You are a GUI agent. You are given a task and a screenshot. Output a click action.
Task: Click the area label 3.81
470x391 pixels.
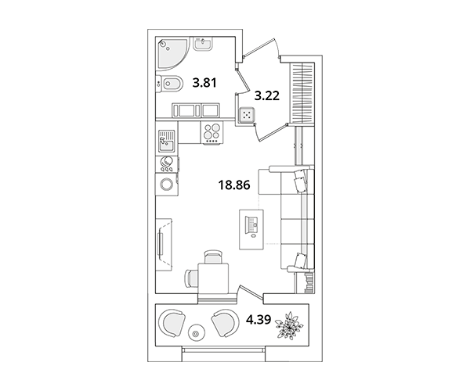[204, 83]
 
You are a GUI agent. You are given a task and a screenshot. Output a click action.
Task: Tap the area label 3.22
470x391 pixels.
[267, 95]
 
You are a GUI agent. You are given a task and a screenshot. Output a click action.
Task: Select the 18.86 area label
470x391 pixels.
[234, 185]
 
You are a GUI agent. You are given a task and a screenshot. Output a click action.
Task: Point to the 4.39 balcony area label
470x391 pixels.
[258, 320]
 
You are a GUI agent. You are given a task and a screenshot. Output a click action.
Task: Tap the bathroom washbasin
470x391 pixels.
[203, 44]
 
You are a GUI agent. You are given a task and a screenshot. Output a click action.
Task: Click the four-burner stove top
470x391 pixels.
[212, 133]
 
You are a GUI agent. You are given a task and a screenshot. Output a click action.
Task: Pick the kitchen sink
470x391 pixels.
[167, 141]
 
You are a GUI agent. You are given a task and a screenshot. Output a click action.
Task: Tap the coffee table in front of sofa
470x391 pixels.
[251, 229]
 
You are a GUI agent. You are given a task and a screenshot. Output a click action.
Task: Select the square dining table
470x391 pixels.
[213, 278]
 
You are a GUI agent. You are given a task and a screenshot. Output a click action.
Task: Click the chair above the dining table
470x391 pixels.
[213, 257]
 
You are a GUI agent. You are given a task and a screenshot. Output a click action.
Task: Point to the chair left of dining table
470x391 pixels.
[192, 278]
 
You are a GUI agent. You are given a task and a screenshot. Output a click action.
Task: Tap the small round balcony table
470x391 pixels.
[196, 333]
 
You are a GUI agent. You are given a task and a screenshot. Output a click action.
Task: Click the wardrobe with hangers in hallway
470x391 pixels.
[302, 93]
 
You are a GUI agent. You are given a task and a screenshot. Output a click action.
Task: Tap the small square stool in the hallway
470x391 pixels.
[247, 115]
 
